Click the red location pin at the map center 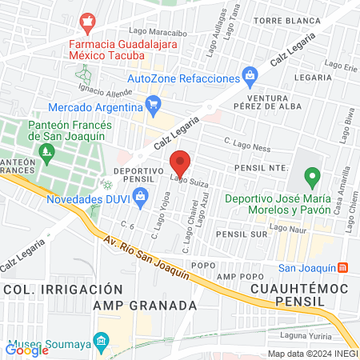click(181, 164)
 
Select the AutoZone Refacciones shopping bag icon click(250, 78)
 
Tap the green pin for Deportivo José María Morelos click(313, 176)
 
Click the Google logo click(27, 350)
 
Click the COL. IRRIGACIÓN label click(50, 288)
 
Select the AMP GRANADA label click(145, 306)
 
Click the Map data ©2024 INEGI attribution click(312, 354)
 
